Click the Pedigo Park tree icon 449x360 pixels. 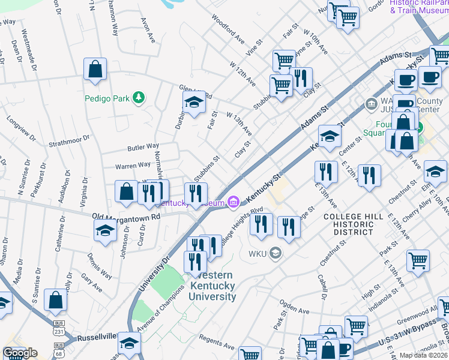[x=139, y=97]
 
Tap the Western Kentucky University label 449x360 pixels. [x=212, y=286]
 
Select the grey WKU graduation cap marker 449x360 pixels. [x=276, y=253]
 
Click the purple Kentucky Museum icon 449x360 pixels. [x=234, y=203]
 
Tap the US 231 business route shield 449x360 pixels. [x=59, y=331]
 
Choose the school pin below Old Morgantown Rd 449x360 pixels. [x=105, y=230]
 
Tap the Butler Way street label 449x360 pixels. [x=142, y=146]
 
